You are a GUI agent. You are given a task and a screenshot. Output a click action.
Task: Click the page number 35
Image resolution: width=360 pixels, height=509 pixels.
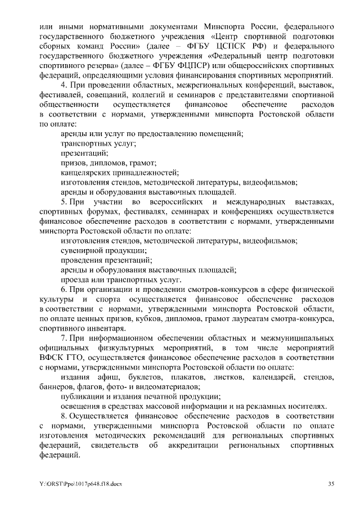click(332, 484)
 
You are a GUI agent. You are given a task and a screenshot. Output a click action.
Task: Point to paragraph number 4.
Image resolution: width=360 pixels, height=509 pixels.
click(63, 85)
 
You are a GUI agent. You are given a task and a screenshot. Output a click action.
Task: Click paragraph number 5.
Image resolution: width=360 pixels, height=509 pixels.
click(64, 201)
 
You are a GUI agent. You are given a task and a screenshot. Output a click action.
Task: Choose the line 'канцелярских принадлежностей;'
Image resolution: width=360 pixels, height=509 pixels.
click(119, 173)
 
